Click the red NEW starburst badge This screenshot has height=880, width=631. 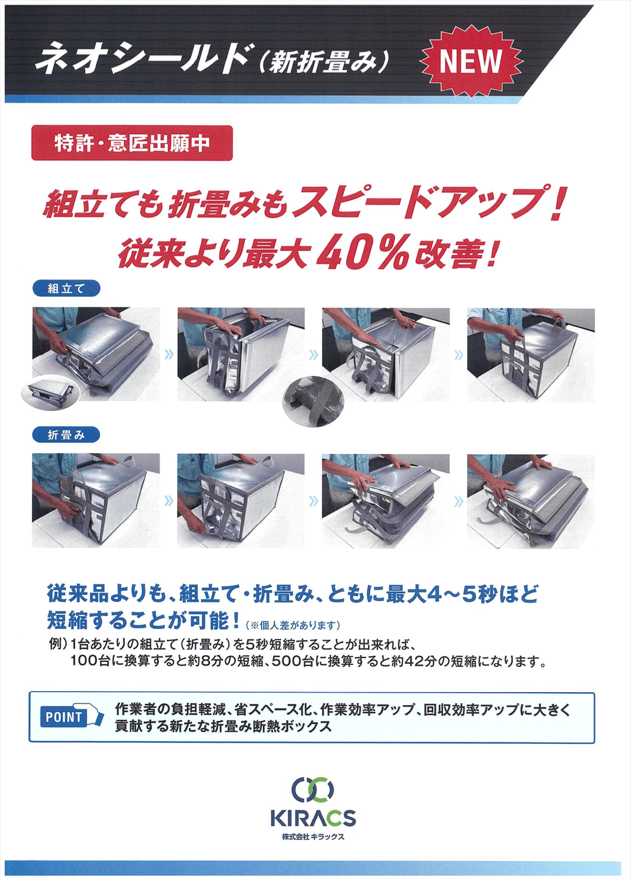(x=470, y=61)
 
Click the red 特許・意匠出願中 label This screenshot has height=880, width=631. (x=132, y=143)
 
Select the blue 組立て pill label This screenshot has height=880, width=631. (x=66, y=289)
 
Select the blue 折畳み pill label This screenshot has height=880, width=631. (x=66, y=435)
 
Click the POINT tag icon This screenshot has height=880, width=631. (x=71, y=717)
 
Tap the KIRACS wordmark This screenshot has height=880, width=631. (x=313, y=818)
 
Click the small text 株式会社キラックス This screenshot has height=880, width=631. (x=313, y=837)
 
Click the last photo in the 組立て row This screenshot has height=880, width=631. (x=530, y=355)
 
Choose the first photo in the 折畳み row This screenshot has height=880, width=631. (x=95, y=500)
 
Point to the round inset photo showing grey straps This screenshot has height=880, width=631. (x=313, y=401)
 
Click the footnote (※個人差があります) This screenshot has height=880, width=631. (x=293, y=625)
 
